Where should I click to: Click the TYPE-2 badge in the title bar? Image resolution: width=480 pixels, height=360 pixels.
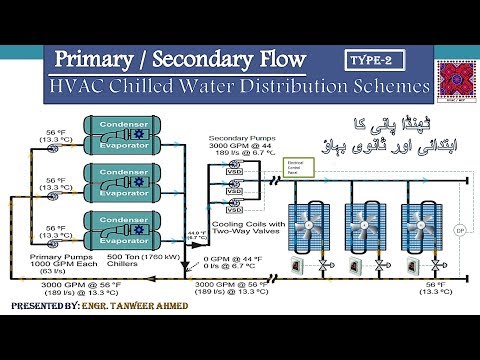[369, 61]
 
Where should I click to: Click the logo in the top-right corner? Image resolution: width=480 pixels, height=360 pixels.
[456, 79]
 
